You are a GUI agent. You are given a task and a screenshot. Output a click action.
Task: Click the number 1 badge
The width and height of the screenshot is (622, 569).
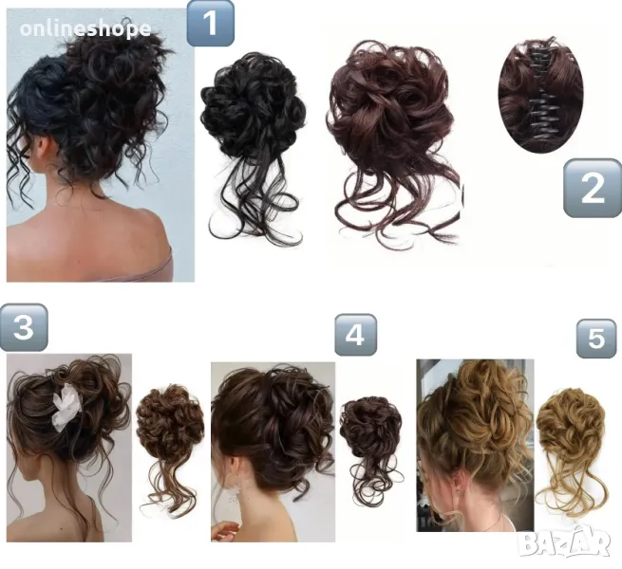point(211,24)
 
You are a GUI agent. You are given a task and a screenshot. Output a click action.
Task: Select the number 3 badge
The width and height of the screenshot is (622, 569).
point(24,330)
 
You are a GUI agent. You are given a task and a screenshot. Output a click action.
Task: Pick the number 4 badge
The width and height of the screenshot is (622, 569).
point(355,335)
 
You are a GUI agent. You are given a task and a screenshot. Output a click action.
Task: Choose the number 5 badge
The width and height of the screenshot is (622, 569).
point(595,340)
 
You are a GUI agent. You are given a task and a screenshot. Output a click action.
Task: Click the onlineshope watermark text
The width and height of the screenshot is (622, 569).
point(85,28)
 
